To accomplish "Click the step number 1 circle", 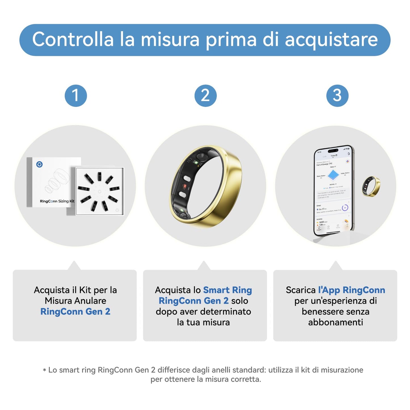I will (76, 96).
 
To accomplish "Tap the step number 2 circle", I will (205, 96).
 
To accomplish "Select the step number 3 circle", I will (337, 96).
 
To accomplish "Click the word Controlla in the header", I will (73, 39).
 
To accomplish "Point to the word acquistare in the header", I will (331, 39).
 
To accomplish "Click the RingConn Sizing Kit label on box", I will (57, 201).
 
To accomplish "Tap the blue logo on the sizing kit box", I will (39, 164).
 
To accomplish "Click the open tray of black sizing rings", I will (100, 191).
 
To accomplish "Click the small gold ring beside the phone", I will (371, 186).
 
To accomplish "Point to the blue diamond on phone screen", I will (333, 174).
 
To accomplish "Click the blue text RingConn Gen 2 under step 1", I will (75, 312).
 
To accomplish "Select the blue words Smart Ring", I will (228, 290).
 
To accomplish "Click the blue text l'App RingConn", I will (352, 290).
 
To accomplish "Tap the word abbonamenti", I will (335, 322).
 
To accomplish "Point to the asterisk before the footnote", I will (44, 370).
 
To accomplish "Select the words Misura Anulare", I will (75, 301).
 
